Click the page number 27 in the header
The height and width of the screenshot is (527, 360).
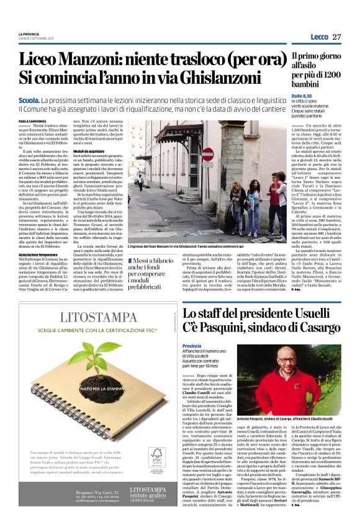[336, 37]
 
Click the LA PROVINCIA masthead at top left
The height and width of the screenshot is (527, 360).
[29, 34]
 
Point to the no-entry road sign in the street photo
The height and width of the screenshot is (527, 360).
[207, 154]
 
